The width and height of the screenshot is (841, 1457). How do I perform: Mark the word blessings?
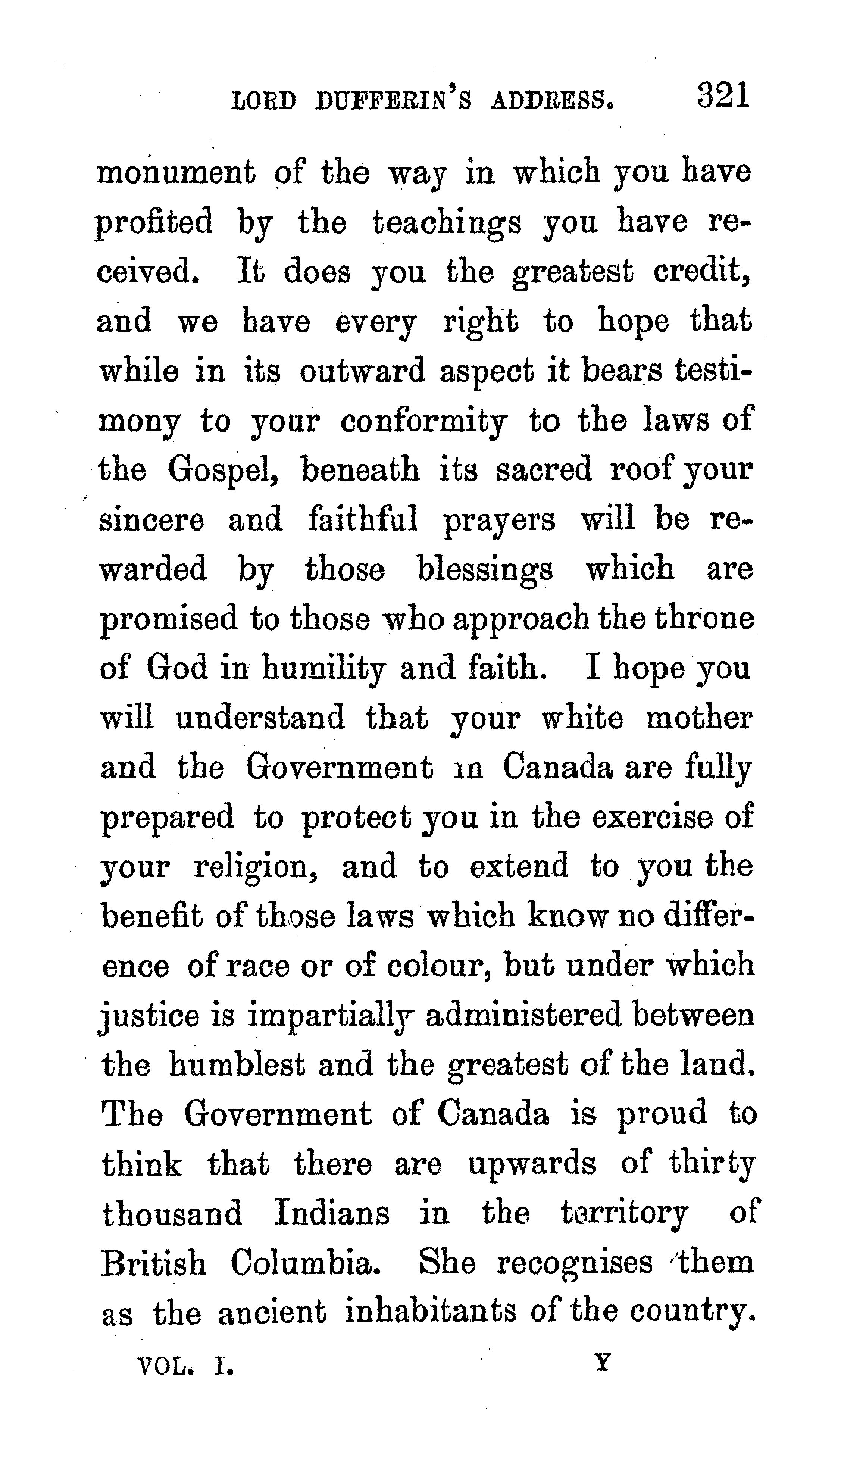[x=485, y=570]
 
